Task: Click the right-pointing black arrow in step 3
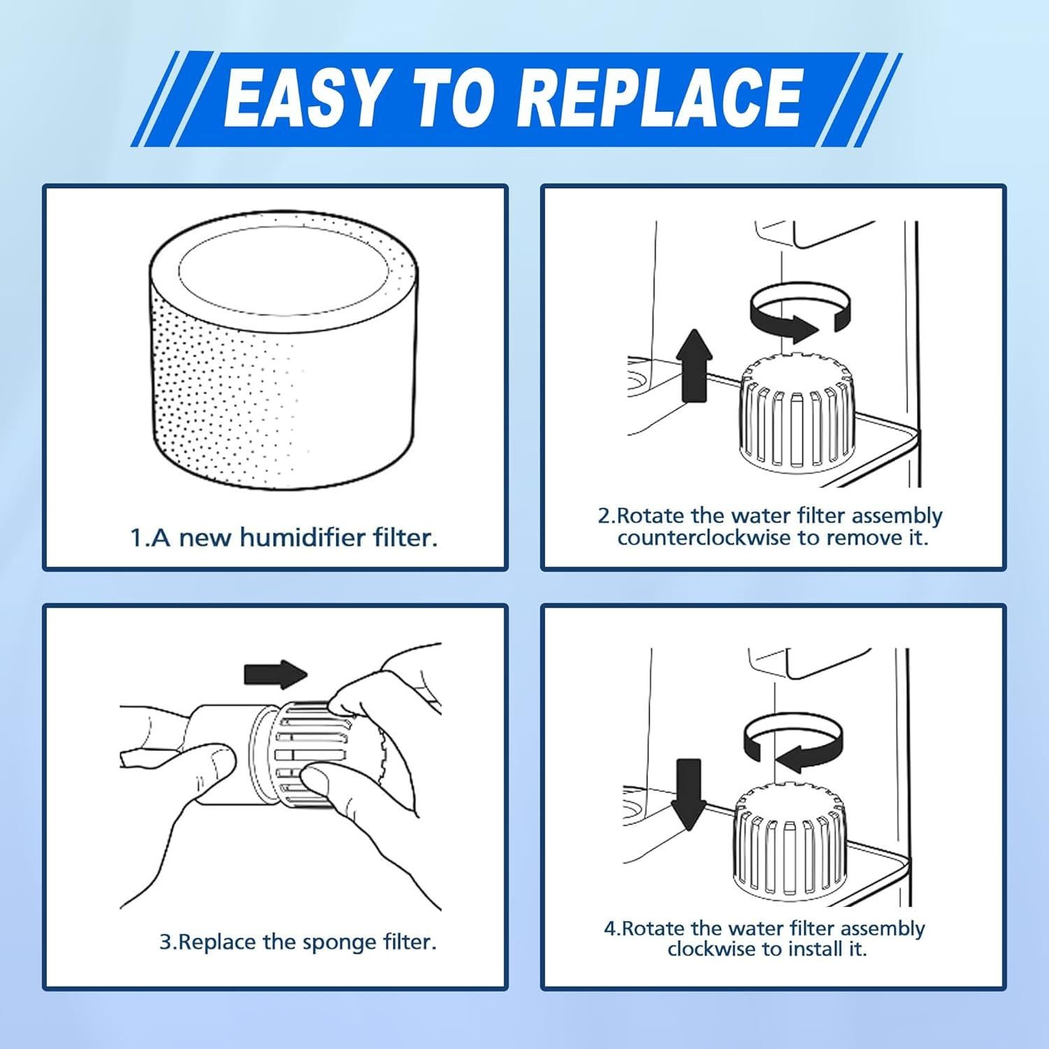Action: (x=275, y=674)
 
